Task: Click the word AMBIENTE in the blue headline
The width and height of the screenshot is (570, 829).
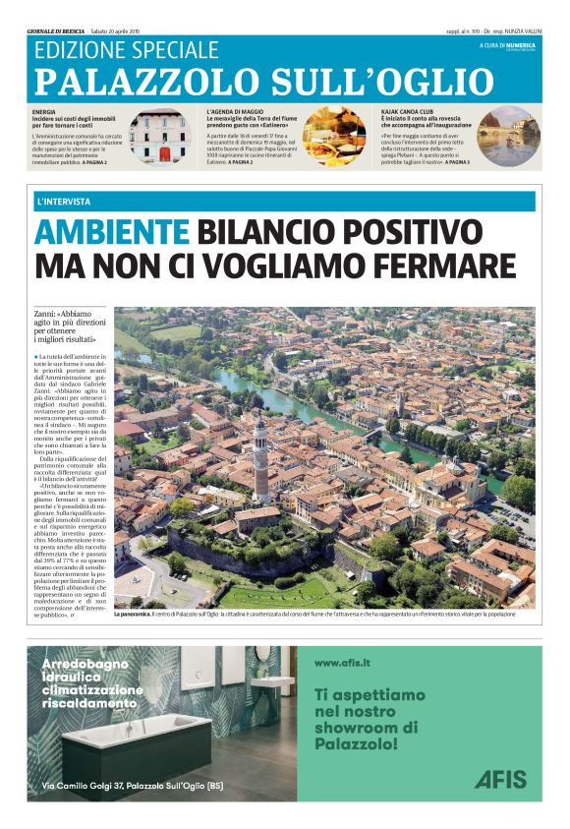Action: pos(111,233)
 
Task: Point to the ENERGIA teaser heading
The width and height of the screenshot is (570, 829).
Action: pos(44,112)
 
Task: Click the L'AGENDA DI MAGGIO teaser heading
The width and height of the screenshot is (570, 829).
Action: pos(234,112)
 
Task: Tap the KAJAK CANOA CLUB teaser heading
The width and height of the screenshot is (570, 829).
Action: pos(410,112)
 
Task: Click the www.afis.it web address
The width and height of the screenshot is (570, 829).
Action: pos(342,664)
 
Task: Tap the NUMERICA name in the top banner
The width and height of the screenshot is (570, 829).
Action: pos(521,45)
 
